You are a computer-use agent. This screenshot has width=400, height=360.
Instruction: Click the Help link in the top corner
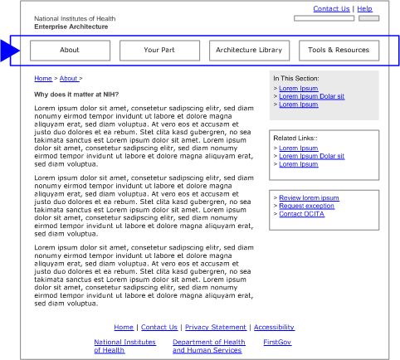click(364, 9)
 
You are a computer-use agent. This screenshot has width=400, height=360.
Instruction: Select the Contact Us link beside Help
click(331, 9)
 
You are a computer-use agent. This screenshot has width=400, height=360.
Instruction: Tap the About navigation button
click(70, 51)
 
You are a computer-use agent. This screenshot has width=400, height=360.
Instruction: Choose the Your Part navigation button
click(159, 51)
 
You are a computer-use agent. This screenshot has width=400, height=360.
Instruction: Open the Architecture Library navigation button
click(249, 51)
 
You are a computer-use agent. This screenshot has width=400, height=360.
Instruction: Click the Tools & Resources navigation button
click(339, 51)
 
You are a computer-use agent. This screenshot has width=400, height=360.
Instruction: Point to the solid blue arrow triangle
click(9, 51)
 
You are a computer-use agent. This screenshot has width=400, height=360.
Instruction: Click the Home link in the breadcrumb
click(42, 79)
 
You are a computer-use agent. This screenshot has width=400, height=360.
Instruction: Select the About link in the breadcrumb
click(70, 79)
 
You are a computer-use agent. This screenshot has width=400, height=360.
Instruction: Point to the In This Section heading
click(295, 79)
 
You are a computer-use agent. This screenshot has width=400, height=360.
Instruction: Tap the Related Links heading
click(296, 139)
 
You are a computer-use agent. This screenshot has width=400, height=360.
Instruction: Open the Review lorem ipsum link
click(309, 198)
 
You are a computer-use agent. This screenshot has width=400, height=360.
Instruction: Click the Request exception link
click(307, 206)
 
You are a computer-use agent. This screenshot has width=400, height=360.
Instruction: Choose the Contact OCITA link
click(302, 214)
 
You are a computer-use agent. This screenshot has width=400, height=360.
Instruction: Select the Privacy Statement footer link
click(216, 328)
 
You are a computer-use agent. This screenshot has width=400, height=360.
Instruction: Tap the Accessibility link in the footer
click(274, 328)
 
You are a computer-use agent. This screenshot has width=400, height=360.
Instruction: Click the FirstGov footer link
click(277, 342)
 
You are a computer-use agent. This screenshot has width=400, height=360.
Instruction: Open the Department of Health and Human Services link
click(208, 346)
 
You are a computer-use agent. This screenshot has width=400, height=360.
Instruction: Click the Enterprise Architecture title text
click(71, 27)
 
